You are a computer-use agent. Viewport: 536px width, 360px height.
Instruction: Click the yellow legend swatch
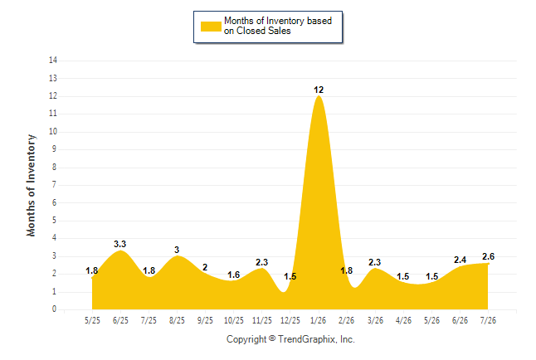[211, 27]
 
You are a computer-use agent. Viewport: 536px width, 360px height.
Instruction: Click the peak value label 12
[319, 90]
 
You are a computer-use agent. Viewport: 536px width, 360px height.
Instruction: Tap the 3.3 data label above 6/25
[120, 244]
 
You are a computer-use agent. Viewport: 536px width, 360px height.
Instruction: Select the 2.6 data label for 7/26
[488, 256]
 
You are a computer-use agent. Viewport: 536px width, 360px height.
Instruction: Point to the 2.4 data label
[460, 260]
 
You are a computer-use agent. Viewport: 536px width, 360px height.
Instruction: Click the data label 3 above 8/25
[177, 250]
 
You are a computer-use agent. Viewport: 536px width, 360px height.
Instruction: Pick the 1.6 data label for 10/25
[233, 275]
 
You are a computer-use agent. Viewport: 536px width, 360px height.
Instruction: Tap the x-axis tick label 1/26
[319, 320]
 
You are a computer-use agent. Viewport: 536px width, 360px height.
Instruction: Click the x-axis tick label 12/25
[290, 320]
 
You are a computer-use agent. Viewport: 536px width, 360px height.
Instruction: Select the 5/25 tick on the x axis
[92, 320]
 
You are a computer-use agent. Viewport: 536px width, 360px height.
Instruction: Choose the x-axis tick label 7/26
[488, 320]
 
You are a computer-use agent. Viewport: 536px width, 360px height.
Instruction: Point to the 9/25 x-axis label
[205, 320]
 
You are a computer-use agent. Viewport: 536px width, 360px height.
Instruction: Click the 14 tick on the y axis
[53, 61]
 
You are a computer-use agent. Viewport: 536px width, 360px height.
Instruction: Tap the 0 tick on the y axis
[55, 309]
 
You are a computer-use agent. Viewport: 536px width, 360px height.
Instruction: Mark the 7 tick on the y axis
[55, 185]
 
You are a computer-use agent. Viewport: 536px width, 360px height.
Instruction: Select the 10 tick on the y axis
[53, 131]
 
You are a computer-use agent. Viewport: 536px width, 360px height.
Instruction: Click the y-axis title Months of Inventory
[31, 185]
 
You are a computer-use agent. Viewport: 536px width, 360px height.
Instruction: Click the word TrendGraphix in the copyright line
[307, 339]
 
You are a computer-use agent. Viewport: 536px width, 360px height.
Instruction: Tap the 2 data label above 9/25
[205, 267]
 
